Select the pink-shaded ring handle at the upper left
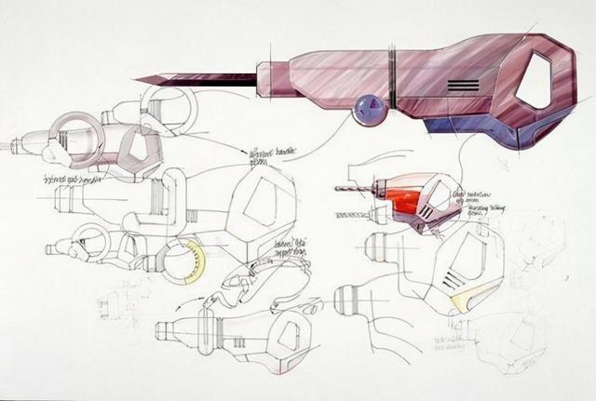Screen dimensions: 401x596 tap(76, 137)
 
